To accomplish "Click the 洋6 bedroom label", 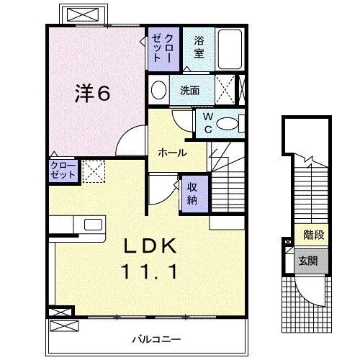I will coord(94,94).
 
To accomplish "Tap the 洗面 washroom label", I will coord(190,91).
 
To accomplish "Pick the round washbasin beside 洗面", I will coord(159,90).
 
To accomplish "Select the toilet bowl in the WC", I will coord(230,124).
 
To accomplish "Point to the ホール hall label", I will coord(173,153).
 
